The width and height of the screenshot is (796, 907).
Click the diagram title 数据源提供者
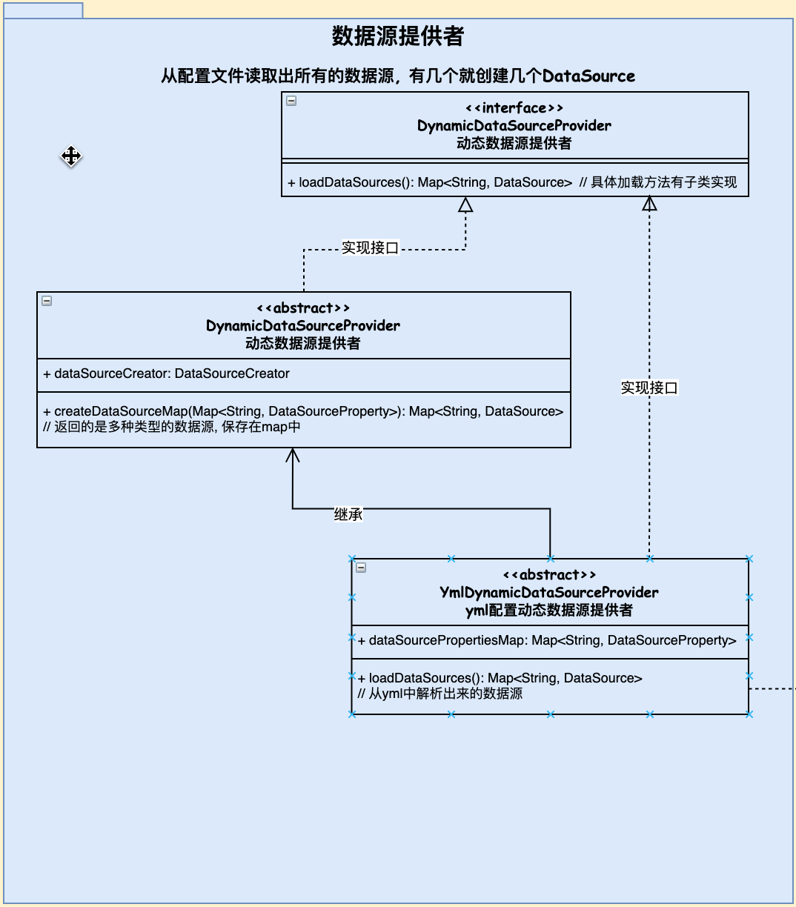397,36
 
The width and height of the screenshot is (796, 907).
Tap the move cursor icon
71,156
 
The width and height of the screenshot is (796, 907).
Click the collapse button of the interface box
291,101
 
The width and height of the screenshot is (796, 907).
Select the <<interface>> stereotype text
514,108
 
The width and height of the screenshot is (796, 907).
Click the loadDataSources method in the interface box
430,182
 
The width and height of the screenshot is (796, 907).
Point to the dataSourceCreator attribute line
166,373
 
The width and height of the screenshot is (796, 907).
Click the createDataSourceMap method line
303,411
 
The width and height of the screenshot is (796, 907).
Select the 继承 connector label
348,514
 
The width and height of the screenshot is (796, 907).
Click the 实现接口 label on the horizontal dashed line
370,247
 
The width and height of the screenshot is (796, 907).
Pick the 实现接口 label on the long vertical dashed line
649,388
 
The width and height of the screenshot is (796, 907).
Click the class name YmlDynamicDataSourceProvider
549,592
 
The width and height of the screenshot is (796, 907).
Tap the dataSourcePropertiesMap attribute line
547,640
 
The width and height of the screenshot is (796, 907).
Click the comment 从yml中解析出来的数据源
440,694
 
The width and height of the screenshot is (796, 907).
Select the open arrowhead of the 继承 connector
292,455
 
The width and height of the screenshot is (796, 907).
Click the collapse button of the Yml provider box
361,568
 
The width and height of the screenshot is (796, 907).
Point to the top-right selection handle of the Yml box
749,559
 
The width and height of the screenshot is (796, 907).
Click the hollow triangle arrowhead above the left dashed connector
465,205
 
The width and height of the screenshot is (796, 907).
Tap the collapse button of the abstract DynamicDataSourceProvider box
47,301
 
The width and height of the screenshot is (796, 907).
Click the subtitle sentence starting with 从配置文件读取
397,76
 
